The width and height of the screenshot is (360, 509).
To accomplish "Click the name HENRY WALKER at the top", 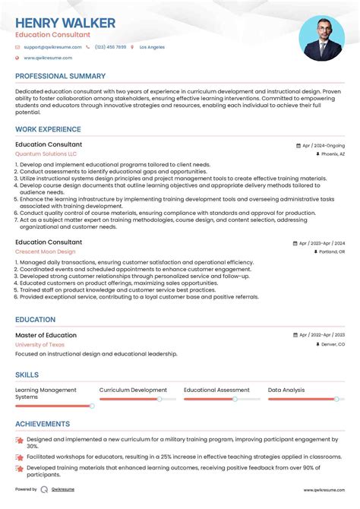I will click(65, 23).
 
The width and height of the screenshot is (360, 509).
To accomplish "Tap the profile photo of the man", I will click(321, 38).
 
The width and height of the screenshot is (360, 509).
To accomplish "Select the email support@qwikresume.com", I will click(50, 47).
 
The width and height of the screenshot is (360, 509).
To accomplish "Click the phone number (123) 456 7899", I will click(110, 47).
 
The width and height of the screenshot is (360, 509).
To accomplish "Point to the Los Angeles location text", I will click(152, 47).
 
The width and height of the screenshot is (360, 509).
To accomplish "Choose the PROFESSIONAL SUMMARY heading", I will click(60, 77).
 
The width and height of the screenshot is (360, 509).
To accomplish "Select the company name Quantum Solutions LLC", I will click(46, 153).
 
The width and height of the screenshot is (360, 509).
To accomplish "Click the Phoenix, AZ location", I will click(333, 153).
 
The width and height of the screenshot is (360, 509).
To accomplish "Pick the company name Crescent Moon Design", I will click(45, 251).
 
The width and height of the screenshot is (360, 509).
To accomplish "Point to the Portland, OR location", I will click(331, 251).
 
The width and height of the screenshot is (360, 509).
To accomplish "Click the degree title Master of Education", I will click(46, 335).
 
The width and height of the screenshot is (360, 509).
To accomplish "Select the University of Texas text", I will click(40, 344).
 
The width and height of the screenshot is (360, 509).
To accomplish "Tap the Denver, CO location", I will click(332, 344).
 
